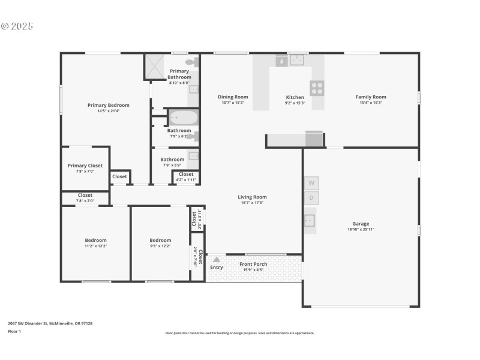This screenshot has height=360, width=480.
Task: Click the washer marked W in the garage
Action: click(311, 182)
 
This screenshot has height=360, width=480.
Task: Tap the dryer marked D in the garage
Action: click(311, 198)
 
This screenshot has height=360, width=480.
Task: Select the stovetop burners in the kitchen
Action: click(317, 88)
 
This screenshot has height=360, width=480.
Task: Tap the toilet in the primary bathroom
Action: click(191, 62)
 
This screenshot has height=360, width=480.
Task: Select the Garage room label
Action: click(361, 224)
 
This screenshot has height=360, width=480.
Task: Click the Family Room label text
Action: click(371, 97)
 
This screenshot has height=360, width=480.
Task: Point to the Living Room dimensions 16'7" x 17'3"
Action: click(252, 203)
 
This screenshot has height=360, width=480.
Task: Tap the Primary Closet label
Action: click(85, 166)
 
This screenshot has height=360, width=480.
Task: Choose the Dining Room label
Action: click(233, 97)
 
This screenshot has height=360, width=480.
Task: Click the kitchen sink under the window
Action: click(297, 59)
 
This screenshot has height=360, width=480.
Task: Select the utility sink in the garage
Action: click(310, 220)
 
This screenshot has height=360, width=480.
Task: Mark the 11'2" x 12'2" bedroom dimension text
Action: click(96, 246)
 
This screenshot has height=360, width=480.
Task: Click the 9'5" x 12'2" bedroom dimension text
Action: click(160, 246)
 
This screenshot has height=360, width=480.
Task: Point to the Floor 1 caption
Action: click(14, 331)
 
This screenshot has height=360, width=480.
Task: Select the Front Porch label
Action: click(253, 264)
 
